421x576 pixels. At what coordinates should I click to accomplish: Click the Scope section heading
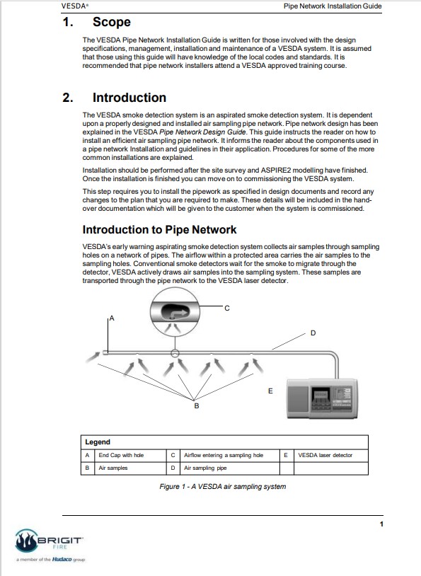click(x=111, y=22)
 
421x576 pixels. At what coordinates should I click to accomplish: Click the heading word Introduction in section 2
click(x=129, y=98)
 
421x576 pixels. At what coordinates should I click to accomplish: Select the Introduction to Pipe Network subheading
click(x=159, y=229)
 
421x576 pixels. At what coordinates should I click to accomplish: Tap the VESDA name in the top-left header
click(x=74, y=6)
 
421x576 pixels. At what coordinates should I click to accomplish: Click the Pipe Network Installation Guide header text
click(x=333, y=6)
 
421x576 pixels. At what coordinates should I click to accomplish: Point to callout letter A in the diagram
click(x=112, y=318)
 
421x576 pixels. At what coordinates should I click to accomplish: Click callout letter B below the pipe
click(x=197, y=406)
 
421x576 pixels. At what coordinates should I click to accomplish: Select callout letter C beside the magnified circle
click(x=227, y=309)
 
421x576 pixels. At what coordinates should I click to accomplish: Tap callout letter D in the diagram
click(x=313, y=333)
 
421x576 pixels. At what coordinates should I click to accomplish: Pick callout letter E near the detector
click(x=270, y=391)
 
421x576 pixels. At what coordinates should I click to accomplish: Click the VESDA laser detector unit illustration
click(x=322, y=398)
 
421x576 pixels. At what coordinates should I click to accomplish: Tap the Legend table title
click(x=98, y=442)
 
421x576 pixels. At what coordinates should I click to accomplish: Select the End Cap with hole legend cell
click(x=121, y=455)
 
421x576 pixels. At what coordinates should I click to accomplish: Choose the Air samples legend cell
click(x=113, y=468)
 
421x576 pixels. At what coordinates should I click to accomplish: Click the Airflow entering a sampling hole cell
click(x=224, y=455)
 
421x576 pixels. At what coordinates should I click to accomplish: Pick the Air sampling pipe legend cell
click(x=205, y=468)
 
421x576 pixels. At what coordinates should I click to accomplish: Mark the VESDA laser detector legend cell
click(x=325, y=455)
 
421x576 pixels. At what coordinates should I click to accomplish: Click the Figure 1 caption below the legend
click(x=223, y=487)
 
